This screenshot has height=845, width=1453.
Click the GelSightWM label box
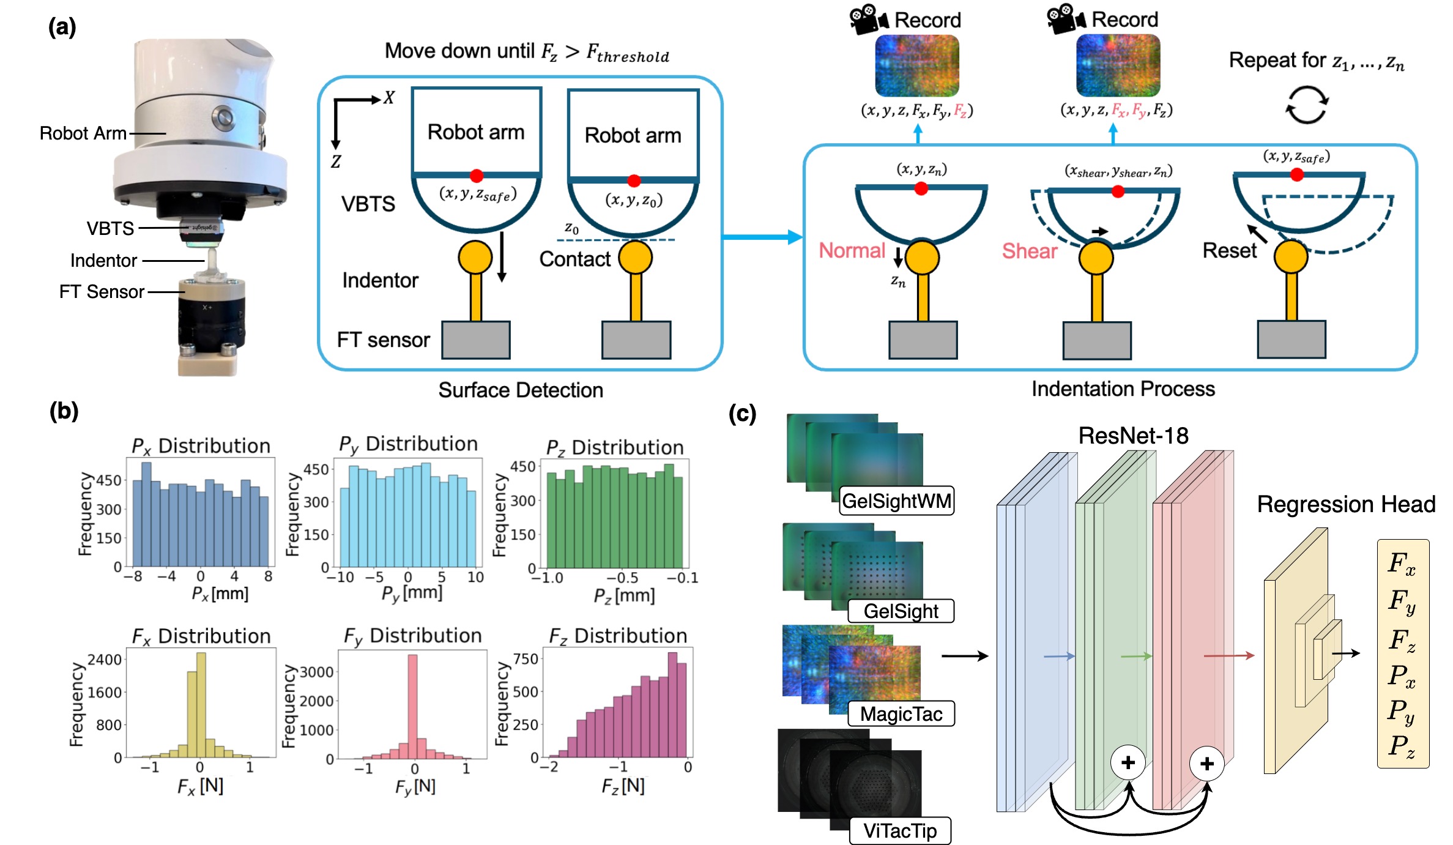click(x=896, y=501)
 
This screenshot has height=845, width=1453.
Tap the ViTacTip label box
click(x=900, y=831)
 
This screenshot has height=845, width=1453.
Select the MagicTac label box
click(x=901, y=714)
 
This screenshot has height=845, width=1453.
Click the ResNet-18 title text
click(x=1133, y=436)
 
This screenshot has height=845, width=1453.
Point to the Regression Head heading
click(x=1346, y=505)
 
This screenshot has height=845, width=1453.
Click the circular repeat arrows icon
click(x=1307, y=105)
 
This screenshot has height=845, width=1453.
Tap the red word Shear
click(x=1030, y=251)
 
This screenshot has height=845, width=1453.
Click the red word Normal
click(x=852, y=251)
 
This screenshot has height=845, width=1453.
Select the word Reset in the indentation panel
click(x=1229, y=251)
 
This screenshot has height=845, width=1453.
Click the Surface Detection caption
click(x=521, y=390)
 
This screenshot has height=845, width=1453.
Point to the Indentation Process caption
click(x=1123, y=389)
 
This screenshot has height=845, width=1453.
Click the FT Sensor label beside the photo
click(x=102, y=292)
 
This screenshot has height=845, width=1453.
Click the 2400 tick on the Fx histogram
click(x=105, y=660)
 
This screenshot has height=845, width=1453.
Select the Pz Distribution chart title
click(x=615, y=448)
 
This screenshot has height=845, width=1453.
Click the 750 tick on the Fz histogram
click(x=526, y=659)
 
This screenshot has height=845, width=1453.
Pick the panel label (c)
click(x=742, y=414)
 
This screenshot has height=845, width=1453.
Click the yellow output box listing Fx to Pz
click(x=1403, y=653)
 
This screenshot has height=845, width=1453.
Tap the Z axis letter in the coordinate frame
click(x=336, y=162)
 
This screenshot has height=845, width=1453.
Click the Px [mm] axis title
click(x=220, y=594)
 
